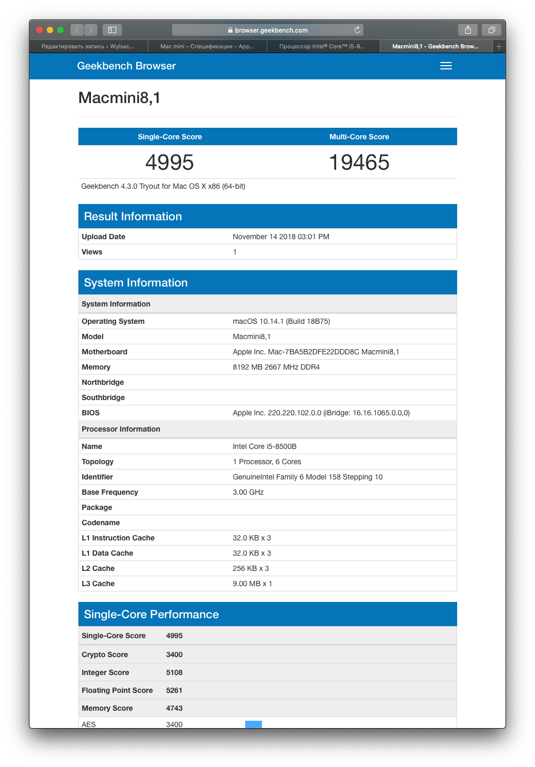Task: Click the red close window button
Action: pyautogui.click(x=39, y=30)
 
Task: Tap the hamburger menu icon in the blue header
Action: pyautogui.click(x=446, y=66)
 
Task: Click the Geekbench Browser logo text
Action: pyautogui.click(x=126, y=66)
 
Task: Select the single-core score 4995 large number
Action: pyautogui.click(x=169, y=162)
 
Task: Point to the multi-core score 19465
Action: pyautogui.click(x=359, y=162)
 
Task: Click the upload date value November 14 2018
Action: pyautogui.click(x=281, y=237)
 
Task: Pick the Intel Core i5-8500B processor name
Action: pyautogui.click(x=265, y=446)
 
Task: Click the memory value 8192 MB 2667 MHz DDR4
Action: pyautogui.click(x=276, y=367)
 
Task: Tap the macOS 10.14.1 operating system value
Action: pyautogui.click(x=281, y=321)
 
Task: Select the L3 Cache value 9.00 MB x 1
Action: pyautogui.click(x=253, y=584)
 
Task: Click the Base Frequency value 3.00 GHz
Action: pyautogui.click(x=248, y=492)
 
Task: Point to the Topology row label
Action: pyautogui.click(x=98, y=462)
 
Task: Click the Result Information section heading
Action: pyautogui.click(x=133, y=217)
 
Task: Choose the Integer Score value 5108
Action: pyautogui.click(x=174, y=672)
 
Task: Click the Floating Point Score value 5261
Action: pyautogui.click(x=174, y=690)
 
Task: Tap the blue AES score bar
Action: pyautogui.click(x=254, y=724)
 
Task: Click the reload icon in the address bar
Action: pyautogui.click(x=357, y=30)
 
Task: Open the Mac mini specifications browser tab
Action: pyautogui.click(x=207, y=46)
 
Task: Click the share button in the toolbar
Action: pyautogui.click(x=468, y=30)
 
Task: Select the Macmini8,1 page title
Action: pyautogui.click(x=119, y=98)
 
